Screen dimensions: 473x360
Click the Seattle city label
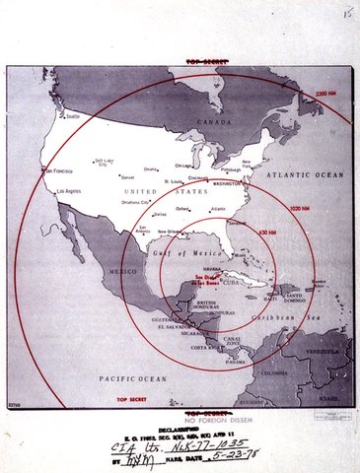coord(72,116)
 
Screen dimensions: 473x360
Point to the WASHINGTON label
coord(232,184)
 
